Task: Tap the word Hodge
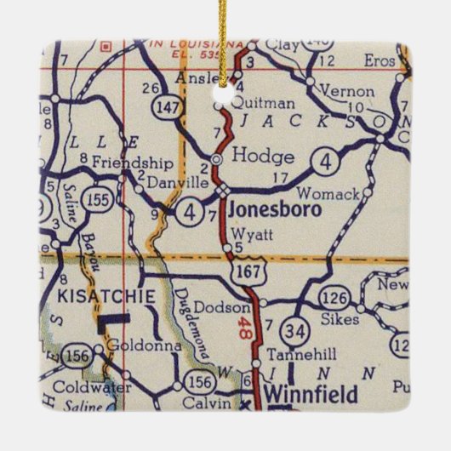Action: (x=263, y=157)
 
